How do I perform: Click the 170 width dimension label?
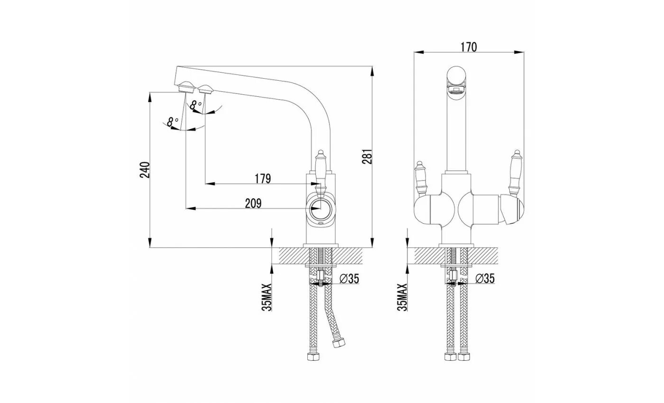[468, 46]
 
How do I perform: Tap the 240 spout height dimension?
[146, 170]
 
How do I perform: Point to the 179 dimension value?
[262, 179]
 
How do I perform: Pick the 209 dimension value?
[253, 203]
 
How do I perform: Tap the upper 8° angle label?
[195, 106]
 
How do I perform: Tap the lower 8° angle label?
[173, 121]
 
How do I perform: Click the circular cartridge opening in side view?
[320, 208]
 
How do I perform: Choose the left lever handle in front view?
[420, 178]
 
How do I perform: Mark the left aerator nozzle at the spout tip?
[185, 87]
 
